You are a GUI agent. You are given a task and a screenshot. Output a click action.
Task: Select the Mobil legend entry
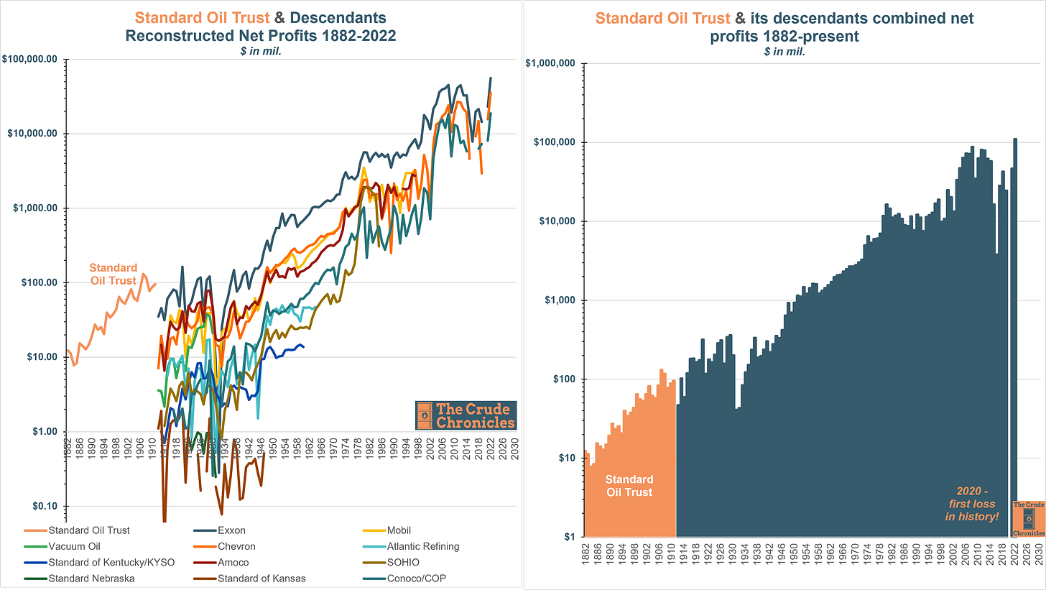point(399,530)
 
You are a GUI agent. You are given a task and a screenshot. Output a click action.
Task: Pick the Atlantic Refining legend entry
point(423,546)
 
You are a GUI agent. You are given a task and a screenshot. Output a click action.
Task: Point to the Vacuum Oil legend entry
point(73,546)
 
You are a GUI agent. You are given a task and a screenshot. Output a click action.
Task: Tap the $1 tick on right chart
point(568,537)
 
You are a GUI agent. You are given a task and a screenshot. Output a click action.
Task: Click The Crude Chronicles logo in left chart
point(466,415)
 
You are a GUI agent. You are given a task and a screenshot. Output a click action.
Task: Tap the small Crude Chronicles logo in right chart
point(1028,519)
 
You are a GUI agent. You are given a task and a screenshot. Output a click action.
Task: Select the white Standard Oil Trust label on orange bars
point(629,486)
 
